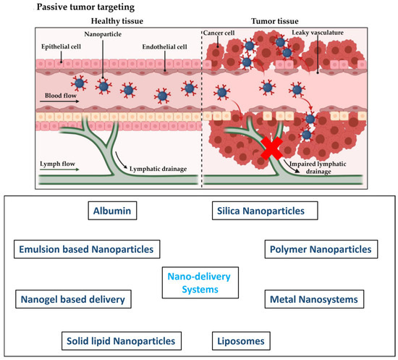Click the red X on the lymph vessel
[272, 153]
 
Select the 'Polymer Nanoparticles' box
[319, 249]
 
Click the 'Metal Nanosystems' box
[313, 298]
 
